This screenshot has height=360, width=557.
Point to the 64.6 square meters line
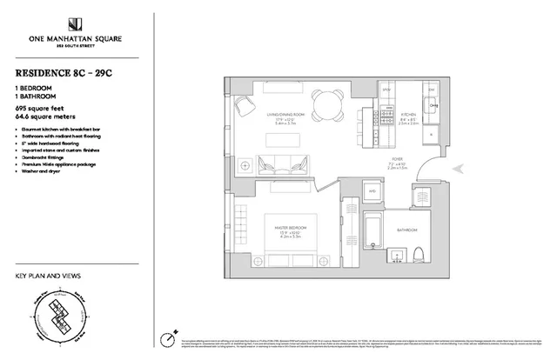[x=43, y=115]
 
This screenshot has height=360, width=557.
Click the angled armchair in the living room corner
[x=245, y=107]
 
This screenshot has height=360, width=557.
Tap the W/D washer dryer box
[x=371, y=191]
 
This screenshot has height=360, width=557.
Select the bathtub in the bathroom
[x=372, y=235]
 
